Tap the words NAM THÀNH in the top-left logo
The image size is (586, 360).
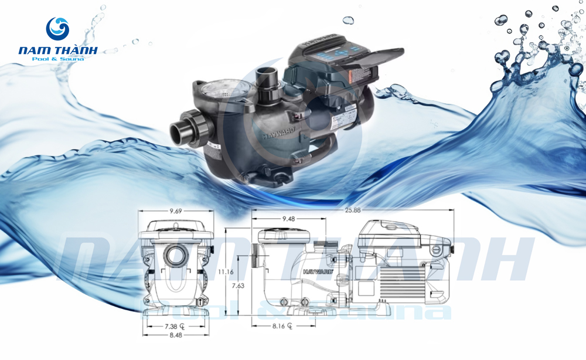tap(57, 51)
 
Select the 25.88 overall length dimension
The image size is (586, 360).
tap(352, 210)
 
